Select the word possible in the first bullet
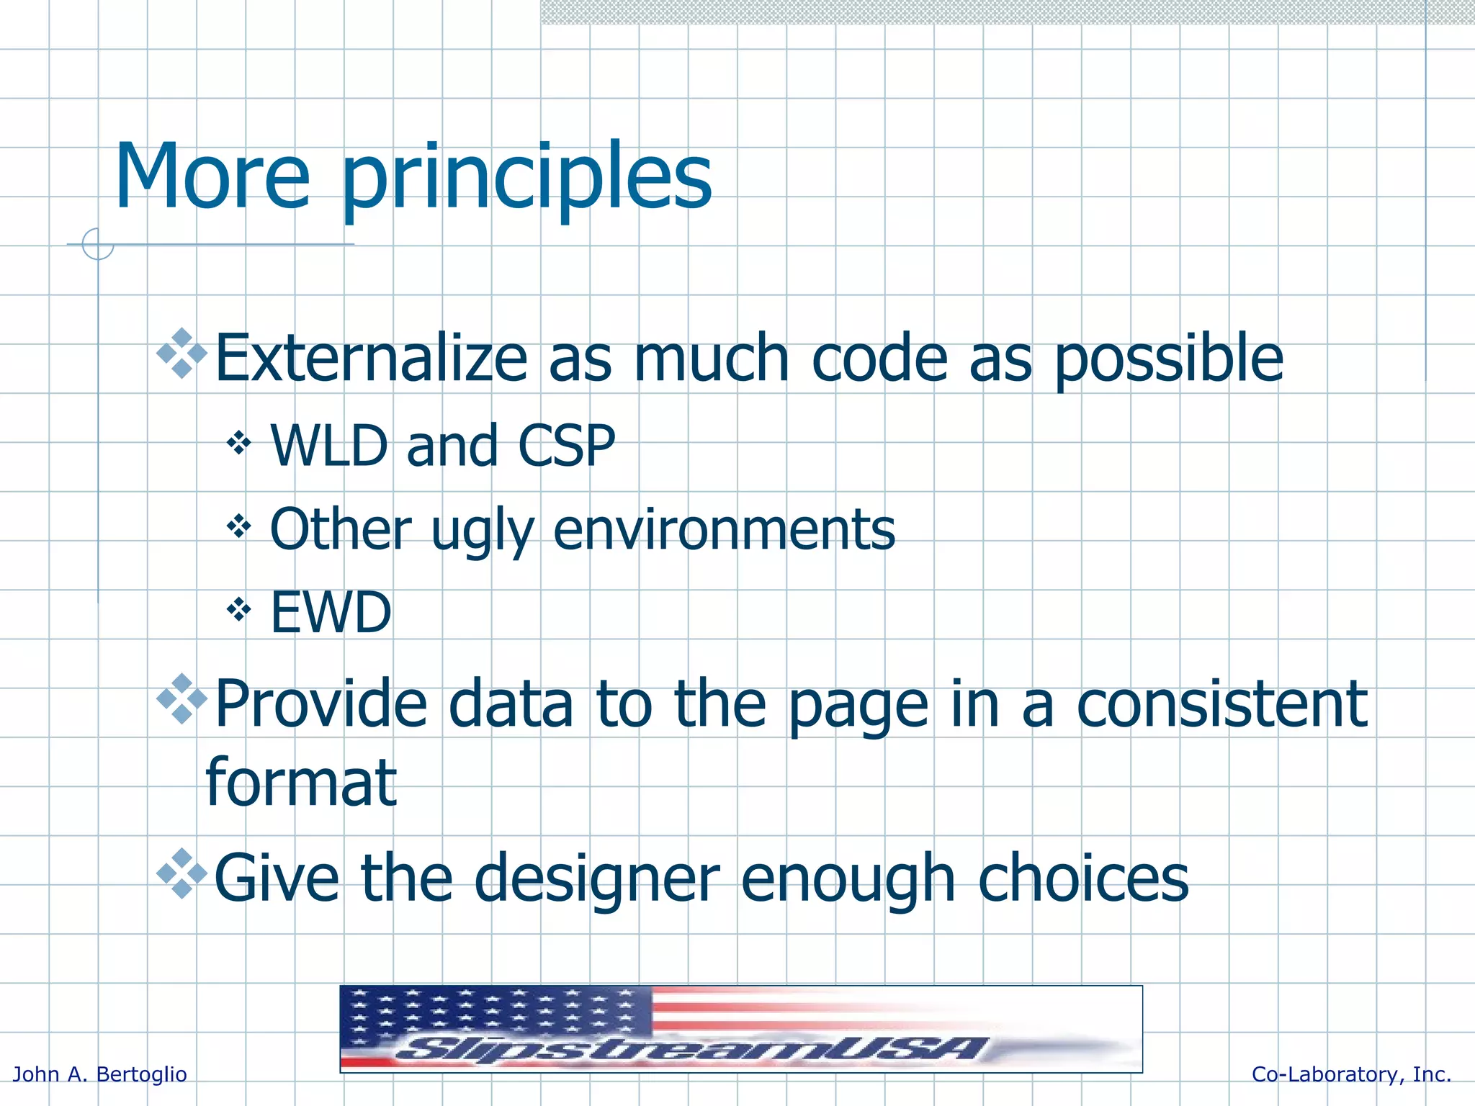(1168, 359)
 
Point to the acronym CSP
(567, 446)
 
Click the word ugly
(483, 531)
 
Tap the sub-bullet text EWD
(331, 613)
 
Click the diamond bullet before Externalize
(182, 353)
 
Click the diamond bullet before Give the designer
(182, 873)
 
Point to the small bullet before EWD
(238, 610)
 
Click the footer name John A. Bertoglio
(100, 1074)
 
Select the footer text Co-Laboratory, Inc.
(1351, 1074)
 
